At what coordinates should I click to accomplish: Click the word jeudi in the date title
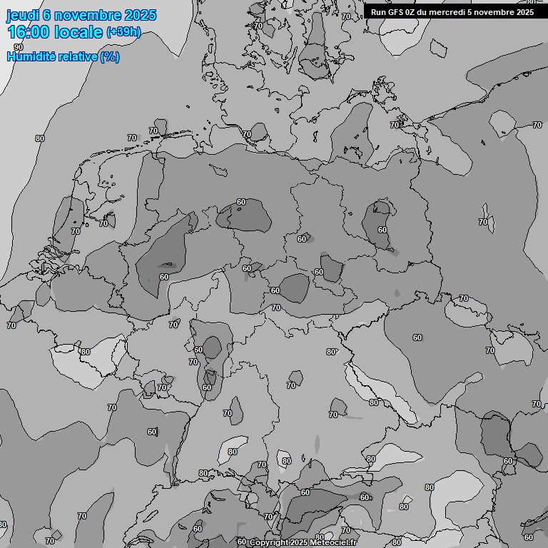coord(23,16)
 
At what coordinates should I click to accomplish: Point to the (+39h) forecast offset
coord(123,32)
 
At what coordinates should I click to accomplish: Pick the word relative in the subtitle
coord(75,56)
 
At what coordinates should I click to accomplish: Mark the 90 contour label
coord(18,47)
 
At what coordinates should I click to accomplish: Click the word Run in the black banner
coord(378,11)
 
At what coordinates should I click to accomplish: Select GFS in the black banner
coord(395,11)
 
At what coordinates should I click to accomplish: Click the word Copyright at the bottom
coord(269,543)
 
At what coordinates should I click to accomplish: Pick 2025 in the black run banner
coord(526,11)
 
